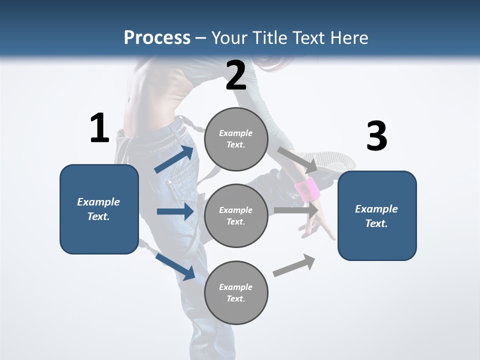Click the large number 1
[99, 128]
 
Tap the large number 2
[236, 75]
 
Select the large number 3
[376, 136]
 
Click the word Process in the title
[157, 37]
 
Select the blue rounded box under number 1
[99, 209]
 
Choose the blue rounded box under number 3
[377, 216]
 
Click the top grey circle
[236, 139]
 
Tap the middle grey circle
[236, 215]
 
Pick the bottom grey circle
[236, 292]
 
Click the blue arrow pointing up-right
[174, 159]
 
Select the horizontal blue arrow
[175, 211]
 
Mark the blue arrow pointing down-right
[175, 266]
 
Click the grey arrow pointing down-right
[297, 159]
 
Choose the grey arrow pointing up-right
[294, 265]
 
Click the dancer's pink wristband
[307, 189]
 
